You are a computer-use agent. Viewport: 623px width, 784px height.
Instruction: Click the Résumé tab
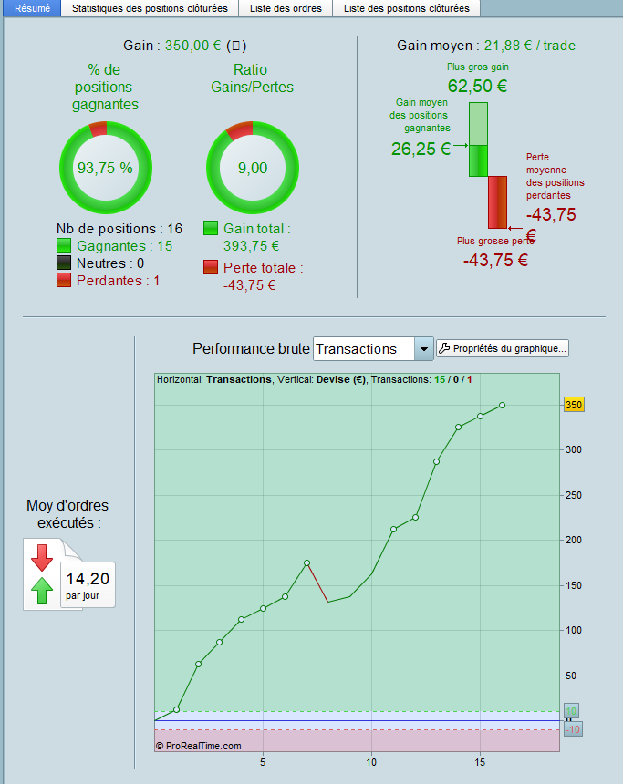pyautogui.click(x=32, y=8)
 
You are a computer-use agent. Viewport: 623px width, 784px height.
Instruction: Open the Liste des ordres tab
pyautogui.click(x=286, y=8)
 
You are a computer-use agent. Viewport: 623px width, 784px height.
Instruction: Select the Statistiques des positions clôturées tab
pyautogui.click(x=150, y=8)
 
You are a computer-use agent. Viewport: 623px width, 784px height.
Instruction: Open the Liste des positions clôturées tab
pyautogui.click(x=406, y=8)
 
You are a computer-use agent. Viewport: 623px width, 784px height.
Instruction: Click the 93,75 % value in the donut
pyautogui.click(x=105, y=168)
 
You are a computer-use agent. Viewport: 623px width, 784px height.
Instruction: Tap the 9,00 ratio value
pyautogui.click(x=253, y=168)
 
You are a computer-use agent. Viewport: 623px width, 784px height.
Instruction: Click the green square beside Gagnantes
pyautogui.click(x=64, y=245)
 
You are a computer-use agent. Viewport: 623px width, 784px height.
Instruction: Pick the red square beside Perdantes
pyautogui.click(x=64, y=281)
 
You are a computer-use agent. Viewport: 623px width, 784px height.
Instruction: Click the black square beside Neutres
pyautogui.click(x=64, y=263)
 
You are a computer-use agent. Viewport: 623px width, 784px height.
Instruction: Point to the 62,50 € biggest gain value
pyautogui.click(x=477, y=88)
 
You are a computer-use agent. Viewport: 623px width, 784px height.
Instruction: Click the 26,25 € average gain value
pyautogui.click(x=421, y=150)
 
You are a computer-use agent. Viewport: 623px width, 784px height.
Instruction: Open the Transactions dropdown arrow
pyautogui.click(x=423, y=349)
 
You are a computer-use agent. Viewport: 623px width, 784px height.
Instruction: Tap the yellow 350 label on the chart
pyautogui.click(x=574, y=405)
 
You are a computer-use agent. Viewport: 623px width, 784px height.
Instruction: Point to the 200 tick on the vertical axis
pyautogui.click(x=570, y=540)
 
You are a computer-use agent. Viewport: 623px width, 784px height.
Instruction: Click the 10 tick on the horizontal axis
pyautogui.click(x=371, y=761)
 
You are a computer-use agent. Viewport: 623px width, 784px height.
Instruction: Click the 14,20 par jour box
pyautogui.click(x=88, y=584)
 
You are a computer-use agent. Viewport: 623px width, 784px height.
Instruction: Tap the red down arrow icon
pyautogui.click(x=42, y=556)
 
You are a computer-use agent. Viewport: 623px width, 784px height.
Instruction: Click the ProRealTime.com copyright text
pyautogui.click(x=198, y=745)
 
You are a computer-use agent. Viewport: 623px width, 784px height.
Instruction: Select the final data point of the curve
pyautogui.click(x=502, y=405)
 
